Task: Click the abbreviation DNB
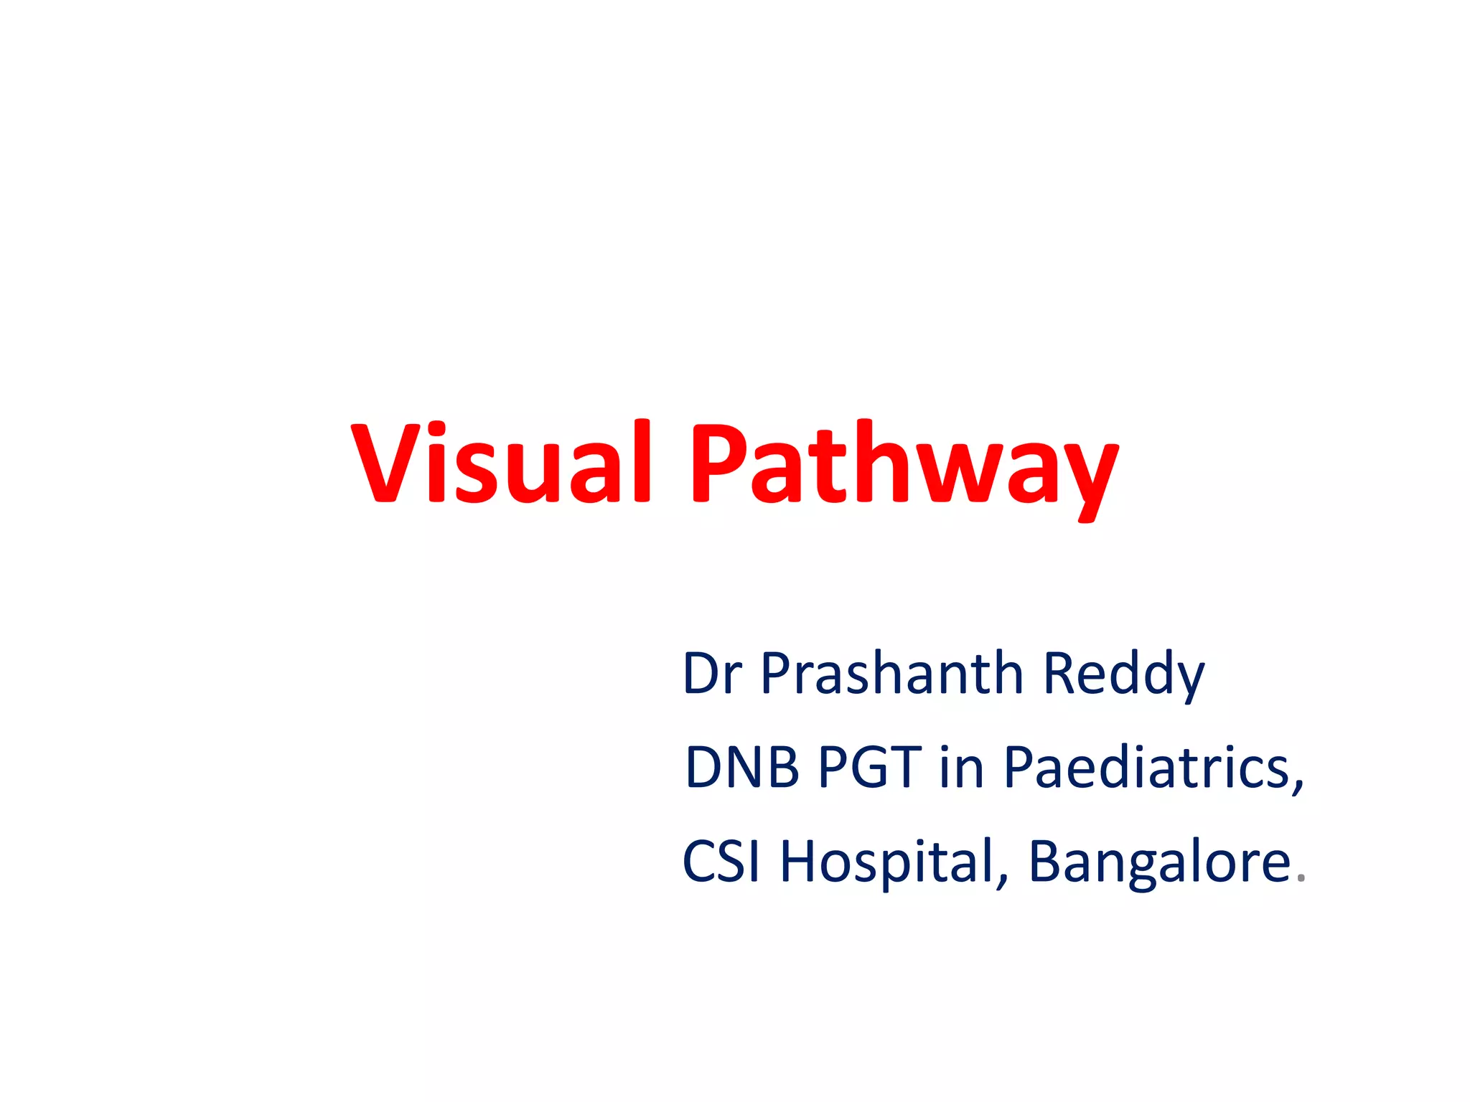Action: [742, 767]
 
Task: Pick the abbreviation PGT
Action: [869, 767]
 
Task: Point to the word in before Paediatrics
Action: [961, 767]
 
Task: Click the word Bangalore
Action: [1159, 861]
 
